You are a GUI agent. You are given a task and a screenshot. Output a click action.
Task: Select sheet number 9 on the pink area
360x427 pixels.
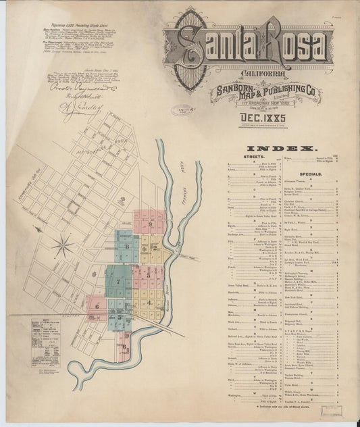coord(150,224)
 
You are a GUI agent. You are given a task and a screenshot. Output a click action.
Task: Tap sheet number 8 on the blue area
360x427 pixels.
coord(127,247)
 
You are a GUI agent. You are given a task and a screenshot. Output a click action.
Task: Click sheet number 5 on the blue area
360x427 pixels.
coord(121,317)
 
